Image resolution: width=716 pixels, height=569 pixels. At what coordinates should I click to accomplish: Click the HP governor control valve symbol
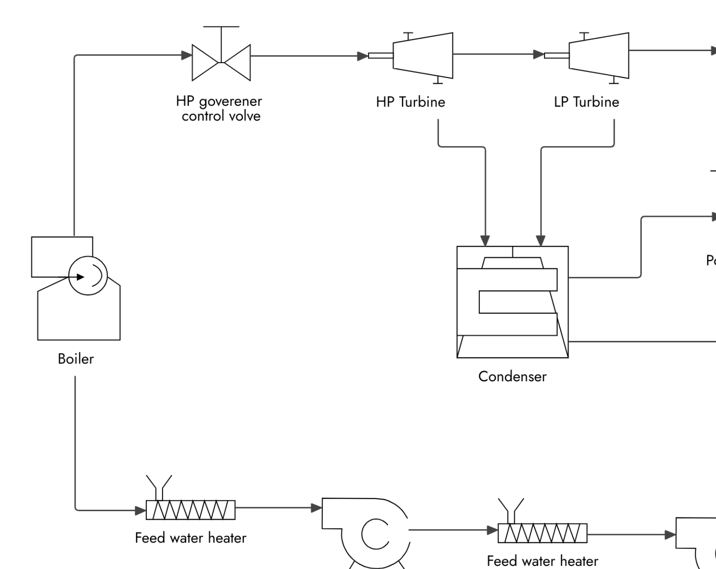pyautogui.click(x=221, y=62)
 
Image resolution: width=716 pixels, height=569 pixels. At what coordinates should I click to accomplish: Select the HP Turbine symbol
pyautogui.click(x=423, y=56)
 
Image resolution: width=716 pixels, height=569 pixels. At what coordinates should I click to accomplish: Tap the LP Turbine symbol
pyautogui.click(x=599, y=56)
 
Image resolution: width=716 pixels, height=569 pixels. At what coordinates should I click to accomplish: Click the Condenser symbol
pyautogui.click(x=512, y=302)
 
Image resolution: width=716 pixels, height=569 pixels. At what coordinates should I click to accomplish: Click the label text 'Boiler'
pyautogui.click(x=76, y=359)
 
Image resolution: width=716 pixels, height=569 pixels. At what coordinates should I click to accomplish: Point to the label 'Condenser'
pyautogui.click(x=512, y=376)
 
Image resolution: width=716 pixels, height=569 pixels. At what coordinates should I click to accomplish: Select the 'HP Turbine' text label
pyautogui.click(x=410, y=102)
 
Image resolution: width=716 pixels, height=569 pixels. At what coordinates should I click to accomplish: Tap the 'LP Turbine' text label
pyautogui.click(x=586, y=102)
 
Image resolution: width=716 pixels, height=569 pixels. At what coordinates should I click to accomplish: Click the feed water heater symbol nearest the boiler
pyautogui.click(x=190, y=510)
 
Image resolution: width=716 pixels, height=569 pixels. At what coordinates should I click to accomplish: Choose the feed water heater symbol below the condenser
pyautogui.click(x=542, y=533)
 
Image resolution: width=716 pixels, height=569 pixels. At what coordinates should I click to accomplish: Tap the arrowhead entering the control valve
pyautogui.click(x=187, y=55)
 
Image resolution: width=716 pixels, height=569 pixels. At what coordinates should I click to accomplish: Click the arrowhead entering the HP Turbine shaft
pyautogui.click(x=362, y=56)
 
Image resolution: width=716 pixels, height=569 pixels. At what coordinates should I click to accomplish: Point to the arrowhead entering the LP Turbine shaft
pyautogui.click(x=539, y=55)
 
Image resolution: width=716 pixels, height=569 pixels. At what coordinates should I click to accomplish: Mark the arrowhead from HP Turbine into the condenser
pyautogui.click(x=485, y=241)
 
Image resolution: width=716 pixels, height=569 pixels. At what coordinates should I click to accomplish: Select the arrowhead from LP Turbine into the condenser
pyautogui.click(x=541, y=241)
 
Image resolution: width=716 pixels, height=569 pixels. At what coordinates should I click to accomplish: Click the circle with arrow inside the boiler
pyautogui.click(x=88, y=276)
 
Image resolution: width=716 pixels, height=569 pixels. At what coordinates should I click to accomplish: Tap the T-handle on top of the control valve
pyautogui.click(x=221, y=27)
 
